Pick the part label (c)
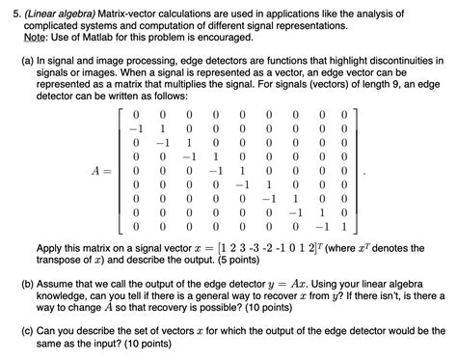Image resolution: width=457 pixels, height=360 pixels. click(31, 331)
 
